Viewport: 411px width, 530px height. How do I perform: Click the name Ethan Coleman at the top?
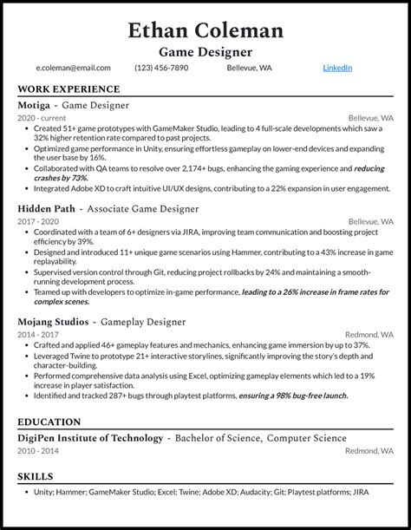(x=205, y=31)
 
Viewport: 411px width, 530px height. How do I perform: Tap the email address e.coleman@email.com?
(x=73, y=68)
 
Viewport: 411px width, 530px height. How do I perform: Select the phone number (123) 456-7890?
(x=157, y=68)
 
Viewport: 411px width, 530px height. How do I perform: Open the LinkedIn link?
(x=337, y=68)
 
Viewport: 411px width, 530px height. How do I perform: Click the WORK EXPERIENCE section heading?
(x=68, y=89)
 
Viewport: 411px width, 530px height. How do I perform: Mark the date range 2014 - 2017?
(x=38, y=334)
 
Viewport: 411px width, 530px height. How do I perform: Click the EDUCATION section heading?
(x=50, y=422)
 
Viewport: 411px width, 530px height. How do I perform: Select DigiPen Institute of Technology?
(x=90, y=438)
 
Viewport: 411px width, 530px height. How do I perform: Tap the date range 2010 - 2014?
(x=38, y=450)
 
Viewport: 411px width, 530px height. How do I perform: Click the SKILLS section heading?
(x=36, y=476)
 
